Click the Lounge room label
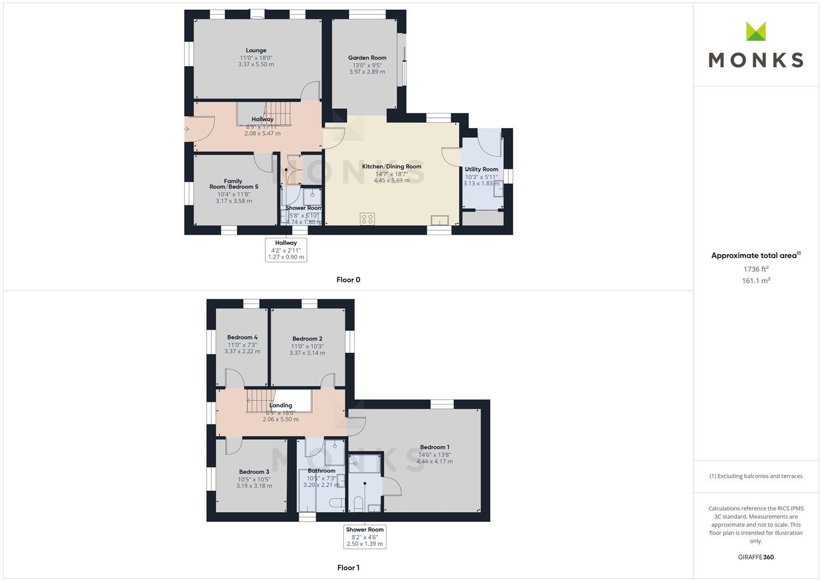pos(256,51)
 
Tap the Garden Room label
pos(367,58)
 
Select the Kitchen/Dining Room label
pos(391,166)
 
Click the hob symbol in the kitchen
pos(367,219)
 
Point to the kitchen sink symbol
pos(439,220)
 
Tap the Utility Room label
pos(481,169)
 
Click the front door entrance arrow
pos(186,129)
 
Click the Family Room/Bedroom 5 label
pos(234,184)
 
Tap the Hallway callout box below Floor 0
pos(286,250)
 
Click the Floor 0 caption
pos(348,280)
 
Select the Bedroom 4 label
pos(242,338)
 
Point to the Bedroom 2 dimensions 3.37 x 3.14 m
pos(307,353)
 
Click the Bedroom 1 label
pos(434,447)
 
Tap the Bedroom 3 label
pos(254,472)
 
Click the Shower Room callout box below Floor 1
pos(364,537)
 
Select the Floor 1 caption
pos(348,568)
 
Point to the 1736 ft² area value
pos(756,269)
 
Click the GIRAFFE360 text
pos(756,557)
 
